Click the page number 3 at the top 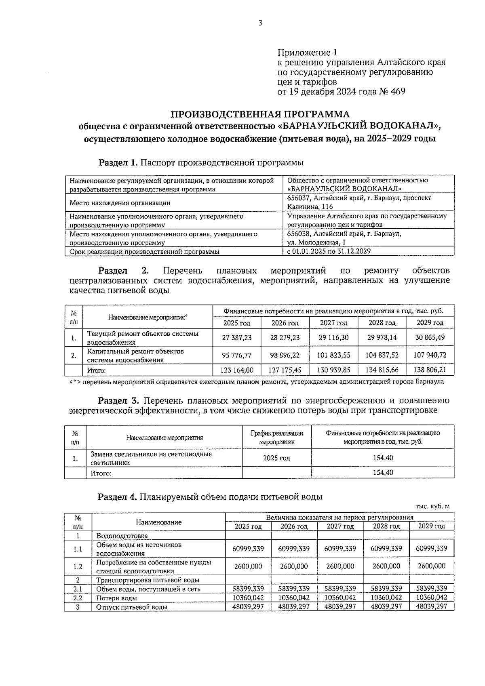260,23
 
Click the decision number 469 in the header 398,92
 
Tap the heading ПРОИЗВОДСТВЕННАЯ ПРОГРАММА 259,114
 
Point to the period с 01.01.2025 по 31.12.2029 329,251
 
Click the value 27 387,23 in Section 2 237,337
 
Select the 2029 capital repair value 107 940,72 430,355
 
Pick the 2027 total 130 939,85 333,370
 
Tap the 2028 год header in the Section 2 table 382,323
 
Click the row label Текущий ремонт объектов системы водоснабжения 143,338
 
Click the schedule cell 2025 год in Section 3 276,458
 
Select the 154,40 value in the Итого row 382,473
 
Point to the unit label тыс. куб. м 432,506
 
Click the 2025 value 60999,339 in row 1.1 248,548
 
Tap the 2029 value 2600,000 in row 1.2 432,566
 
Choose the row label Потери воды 116,598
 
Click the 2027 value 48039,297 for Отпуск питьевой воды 340,606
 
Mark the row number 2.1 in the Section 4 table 78,589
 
